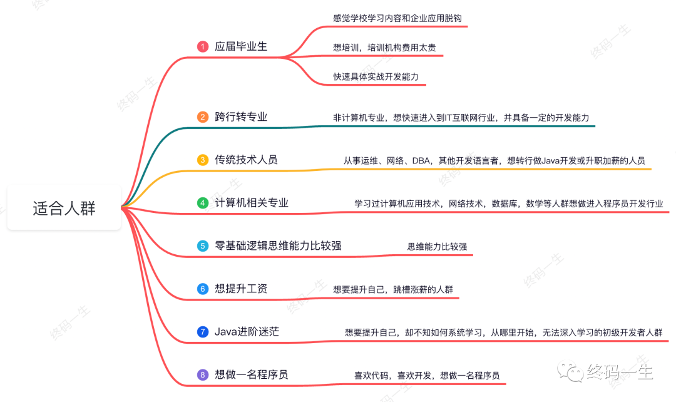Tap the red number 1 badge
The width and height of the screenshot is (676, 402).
202,46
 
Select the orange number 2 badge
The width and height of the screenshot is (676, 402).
202,117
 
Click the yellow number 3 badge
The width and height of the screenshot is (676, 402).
202,160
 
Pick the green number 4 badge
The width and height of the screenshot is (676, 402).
202,203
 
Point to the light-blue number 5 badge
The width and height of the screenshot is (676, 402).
202,246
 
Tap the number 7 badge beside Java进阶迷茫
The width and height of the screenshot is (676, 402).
202,332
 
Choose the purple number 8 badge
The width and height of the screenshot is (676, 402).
202,375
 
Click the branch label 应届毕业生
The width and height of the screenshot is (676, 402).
241,46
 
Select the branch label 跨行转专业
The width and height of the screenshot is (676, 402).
241,117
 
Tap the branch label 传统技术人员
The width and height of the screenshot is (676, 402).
246,160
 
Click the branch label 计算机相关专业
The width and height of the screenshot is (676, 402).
252,203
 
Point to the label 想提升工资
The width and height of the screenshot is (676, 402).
241,289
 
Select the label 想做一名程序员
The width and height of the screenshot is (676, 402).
252,375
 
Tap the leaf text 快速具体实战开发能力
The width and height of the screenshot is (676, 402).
376,76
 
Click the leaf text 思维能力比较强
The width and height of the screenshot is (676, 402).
437,247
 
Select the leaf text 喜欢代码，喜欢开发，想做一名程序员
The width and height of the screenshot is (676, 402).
427,376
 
